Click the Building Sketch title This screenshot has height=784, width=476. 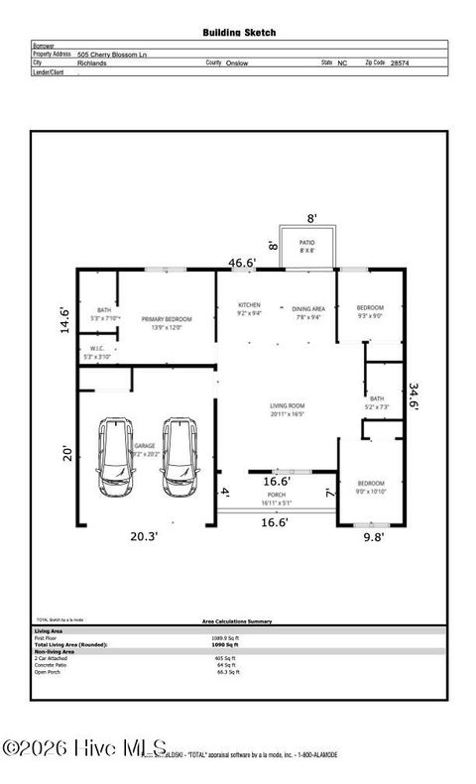[x=239, y=33]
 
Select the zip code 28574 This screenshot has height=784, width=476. [x=399, y=61]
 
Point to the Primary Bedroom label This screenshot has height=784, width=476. [x=166, y=319]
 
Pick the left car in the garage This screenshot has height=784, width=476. [x=117, y=457]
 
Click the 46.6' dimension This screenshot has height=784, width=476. [x=243, y=263]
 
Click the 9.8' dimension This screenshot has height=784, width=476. [x=372, y=538]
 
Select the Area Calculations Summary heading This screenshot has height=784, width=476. [x=236, y=621]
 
